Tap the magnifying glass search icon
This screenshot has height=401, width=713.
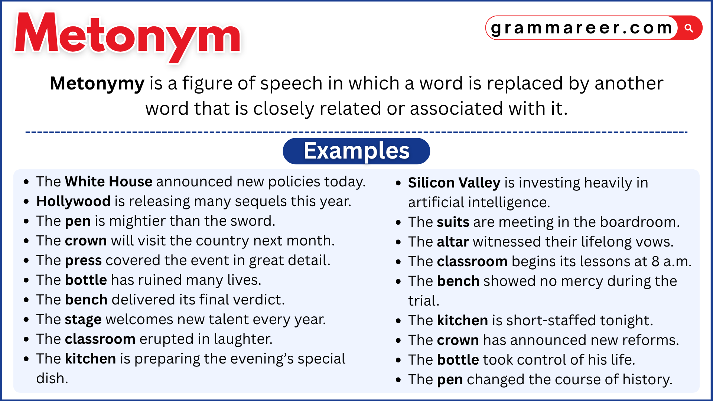[x=689, y=28]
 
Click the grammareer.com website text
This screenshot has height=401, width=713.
[x=582, y=28]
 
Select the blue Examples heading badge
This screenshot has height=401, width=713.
[x=356, y=151]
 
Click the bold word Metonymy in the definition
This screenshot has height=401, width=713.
[x=97, y=83]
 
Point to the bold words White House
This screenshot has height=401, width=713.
[x=108, y=182]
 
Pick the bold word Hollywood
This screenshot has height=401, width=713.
[x=73, y=201]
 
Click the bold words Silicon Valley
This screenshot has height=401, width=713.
[x=454, y=183]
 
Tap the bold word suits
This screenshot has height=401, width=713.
[x=453, y=222]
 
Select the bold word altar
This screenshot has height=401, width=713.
[x=453, y=242]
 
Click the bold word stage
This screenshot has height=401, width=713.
[x=83, y=320]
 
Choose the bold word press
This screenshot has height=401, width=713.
[x=83, y=261]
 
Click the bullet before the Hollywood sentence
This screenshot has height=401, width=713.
[x=26, y=202]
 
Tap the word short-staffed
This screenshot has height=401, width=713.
[x=546, y=320]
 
